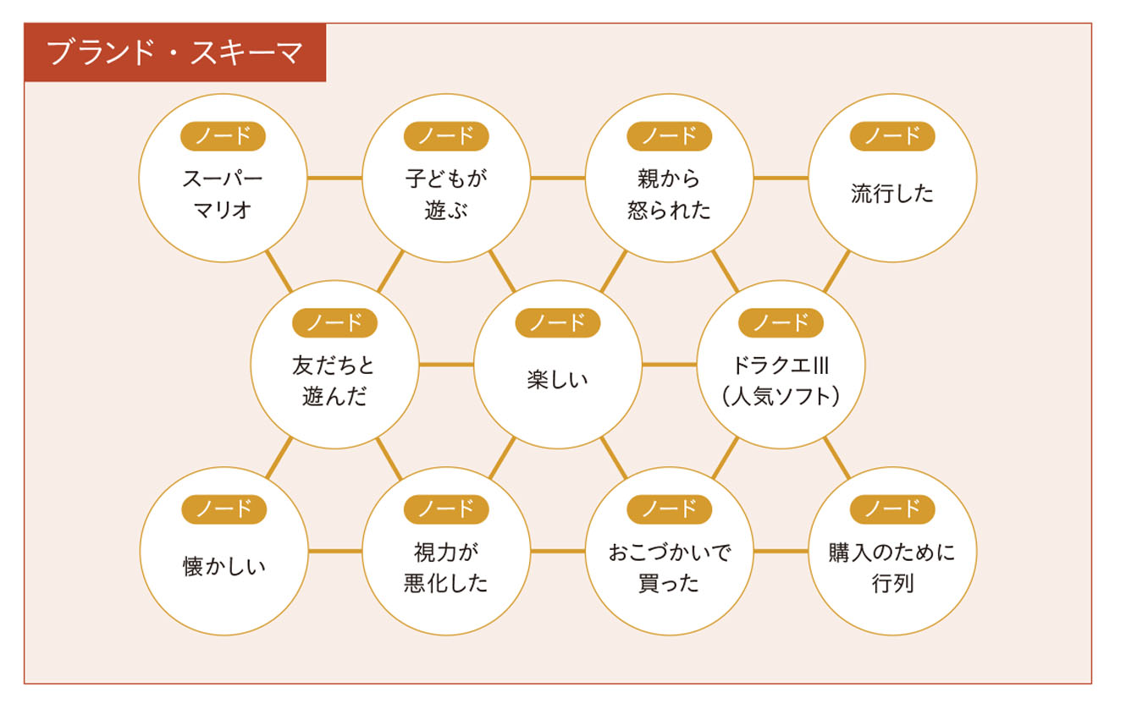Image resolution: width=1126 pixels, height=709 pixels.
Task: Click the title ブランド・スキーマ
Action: click(175, 52)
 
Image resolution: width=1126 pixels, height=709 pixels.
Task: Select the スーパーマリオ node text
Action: click(223, 194)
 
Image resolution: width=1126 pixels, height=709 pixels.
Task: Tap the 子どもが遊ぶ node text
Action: click(446, 194)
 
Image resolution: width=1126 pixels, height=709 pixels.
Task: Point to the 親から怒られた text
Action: click(669, 194)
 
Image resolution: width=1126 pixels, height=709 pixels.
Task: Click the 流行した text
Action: click(892, 194)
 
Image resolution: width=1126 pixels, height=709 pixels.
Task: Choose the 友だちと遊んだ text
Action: click(334, 381)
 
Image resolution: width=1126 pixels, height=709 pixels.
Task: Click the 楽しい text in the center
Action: click(557, 380)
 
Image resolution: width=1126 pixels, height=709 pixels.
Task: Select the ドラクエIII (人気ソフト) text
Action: click(781, 381)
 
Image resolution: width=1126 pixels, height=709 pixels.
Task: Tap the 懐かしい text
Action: click(224, 567)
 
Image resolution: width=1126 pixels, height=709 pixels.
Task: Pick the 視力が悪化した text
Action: click(446, 568)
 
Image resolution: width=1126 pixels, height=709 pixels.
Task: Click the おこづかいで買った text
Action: click(669, 568)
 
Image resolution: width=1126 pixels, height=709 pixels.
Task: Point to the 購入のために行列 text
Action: click(892, 568)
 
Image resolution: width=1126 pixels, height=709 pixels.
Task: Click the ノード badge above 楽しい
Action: click(557, 322)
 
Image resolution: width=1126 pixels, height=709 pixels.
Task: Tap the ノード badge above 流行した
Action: click(892, 136)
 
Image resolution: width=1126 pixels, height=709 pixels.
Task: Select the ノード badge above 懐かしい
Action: click(224, 509)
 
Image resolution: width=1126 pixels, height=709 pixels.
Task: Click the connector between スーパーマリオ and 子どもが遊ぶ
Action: click(334, 178)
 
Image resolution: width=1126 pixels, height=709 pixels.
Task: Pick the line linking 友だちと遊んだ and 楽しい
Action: click(446, 365)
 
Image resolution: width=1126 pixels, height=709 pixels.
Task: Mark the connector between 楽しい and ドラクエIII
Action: click(669, 365)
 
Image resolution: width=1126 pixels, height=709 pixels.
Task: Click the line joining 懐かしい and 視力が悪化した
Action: click(334, 552)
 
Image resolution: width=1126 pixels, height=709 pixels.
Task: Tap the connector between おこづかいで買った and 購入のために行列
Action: click(781, 552)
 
